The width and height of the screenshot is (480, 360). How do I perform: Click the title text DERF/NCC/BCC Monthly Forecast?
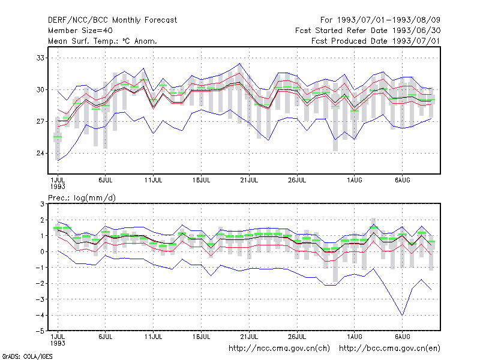pyautogui.click(x=112, y=20)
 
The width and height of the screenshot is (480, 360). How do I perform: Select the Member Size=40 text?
pyautogui.click(x=80, y=31)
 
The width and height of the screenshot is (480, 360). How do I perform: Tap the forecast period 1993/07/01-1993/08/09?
pyautogui.click(x=380, y=20)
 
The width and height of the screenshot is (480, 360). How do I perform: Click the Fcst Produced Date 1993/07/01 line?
pyautogui.click(x=376, y=41)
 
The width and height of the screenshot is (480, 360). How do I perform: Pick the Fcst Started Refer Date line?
pyautogui.click(x=368, y=31)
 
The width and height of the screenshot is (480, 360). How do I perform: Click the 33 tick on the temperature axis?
pyautogui.click(x=40, y=58)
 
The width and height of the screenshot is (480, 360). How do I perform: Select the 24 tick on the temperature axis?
pyautogui.click(x=40, y=153)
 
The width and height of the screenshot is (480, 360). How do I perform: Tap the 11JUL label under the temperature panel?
pyautogui.click(x=153, y=181)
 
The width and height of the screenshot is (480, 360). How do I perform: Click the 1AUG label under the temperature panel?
pyautogui.click(x=355, y=181)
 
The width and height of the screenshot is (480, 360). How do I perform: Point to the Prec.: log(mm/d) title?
pyautogui.click(x=82, y=198)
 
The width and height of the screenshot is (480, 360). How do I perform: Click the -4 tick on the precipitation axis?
pyautogui.click(x=40, y=315)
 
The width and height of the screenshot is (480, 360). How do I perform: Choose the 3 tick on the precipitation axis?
pyautogui.click(x=42, y=204)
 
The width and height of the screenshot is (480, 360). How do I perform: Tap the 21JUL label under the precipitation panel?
pyautogui.click(x=249, y=337)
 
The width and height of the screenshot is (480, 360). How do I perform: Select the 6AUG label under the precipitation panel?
pyautogui.click(x=402, y=337)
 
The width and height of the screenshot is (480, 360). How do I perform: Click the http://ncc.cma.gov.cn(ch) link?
pyautogui.click(x=279, y=349)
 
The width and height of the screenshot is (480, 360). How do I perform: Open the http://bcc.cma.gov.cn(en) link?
pyautogui.click(x=389, y=349)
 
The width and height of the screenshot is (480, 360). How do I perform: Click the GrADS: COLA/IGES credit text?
pyautogui.click(x=27, y=356)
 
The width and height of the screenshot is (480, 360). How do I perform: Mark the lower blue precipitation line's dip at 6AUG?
pyautogui.click(x=402, y=315)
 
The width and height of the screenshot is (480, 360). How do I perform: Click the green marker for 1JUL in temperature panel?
pyautogui.click(x=58, y=137)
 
